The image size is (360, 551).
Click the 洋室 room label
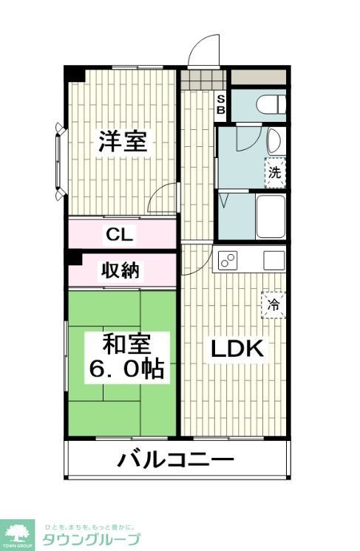tap(123, 141)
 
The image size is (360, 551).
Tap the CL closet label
tap(119, 235)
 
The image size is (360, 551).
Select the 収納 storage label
tap(120, 270)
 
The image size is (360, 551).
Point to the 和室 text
tap(126, 345)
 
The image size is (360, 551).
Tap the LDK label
tap(237, 349)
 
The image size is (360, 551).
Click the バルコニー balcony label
tap(176, 461)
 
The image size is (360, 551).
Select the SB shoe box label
tap(220, 105)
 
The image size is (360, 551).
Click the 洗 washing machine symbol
tap(274, 174)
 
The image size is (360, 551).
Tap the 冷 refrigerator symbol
tap(274, 304)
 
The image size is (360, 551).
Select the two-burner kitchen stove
tap(227, 260)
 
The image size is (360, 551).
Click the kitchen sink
tap(274, 260)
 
